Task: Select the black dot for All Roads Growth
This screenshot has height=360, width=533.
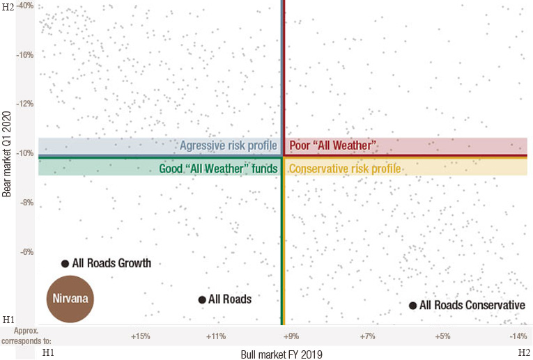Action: pyautogui.click(x=65, y=263)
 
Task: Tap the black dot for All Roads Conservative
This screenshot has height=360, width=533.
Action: pyautogui.click(x=412, y=305)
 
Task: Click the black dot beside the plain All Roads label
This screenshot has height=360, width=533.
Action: pyautogui.click(x=202, y=299)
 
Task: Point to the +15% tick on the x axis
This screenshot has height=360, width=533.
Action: pyautogui.click(x=141, y=336)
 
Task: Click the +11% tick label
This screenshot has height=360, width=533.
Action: pyautogui.click(x=216, y=336)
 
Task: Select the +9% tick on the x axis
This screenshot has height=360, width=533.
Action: pyautogui.click(x=291, y=336)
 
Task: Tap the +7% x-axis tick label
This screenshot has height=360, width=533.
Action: pyautogui.click(x=367, y=336)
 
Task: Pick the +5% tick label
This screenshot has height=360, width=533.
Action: pyautogui.click(x=442, y=336)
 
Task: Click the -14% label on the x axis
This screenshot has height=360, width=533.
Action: pyautogui.click(x=518, y=336)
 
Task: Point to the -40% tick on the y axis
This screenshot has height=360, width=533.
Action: pyautogui.click(x=25, y=6)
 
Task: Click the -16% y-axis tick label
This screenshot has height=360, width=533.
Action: pyautogui.click(x=25, y=54)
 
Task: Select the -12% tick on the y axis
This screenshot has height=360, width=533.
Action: pyautogui.click(x=25, y=104)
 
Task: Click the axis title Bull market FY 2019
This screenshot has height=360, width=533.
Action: pyautogui.click(x=281, y=353)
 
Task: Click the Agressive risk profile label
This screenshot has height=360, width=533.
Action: pyautogui.click(x=229, y=146)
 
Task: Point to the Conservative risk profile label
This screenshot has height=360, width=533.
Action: pyautogui.click(x=345, y=169)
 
